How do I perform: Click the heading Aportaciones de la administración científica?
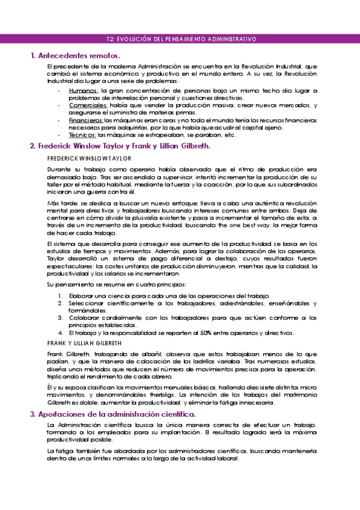pyautogui.click(x=117, y=414)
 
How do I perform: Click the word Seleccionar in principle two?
pyautogui.click(x=86, y=303)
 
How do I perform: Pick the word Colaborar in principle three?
pyautogui.click(x=84, y=318)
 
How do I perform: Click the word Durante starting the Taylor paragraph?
pyautogui.click(x=58, y=170)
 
